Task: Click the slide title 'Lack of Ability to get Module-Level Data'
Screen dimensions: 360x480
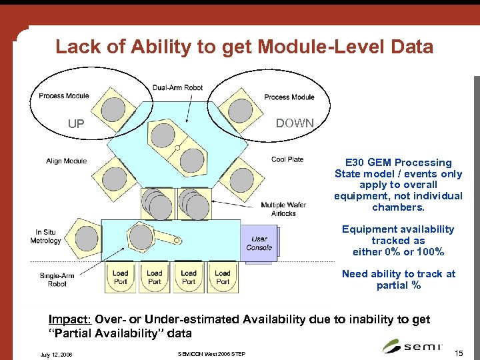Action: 244,47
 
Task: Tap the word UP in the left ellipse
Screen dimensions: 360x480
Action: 76,123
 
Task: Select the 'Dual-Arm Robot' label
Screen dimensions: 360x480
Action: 177,88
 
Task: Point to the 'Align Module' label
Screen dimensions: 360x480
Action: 67,161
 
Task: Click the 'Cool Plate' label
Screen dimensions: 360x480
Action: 287,159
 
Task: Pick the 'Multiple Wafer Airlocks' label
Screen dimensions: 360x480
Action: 283,209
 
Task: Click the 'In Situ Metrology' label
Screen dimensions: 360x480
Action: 49,236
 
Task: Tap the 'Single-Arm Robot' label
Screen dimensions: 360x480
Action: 57,279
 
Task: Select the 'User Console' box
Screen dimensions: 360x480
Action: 259,243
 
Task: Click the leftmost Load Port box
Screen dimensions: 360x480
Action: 120,277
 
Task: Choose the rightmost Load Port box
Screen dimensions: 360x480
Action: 223,277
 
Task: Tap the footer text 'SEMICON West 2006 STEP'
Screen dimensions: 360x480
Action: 212,353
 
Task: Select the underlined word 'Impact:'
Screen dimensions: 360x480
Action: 71,320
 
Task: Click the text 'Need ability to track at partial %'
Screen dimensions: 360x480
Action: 398,279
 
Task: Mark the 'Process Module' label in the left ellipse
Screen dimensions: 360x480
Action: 64,96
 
